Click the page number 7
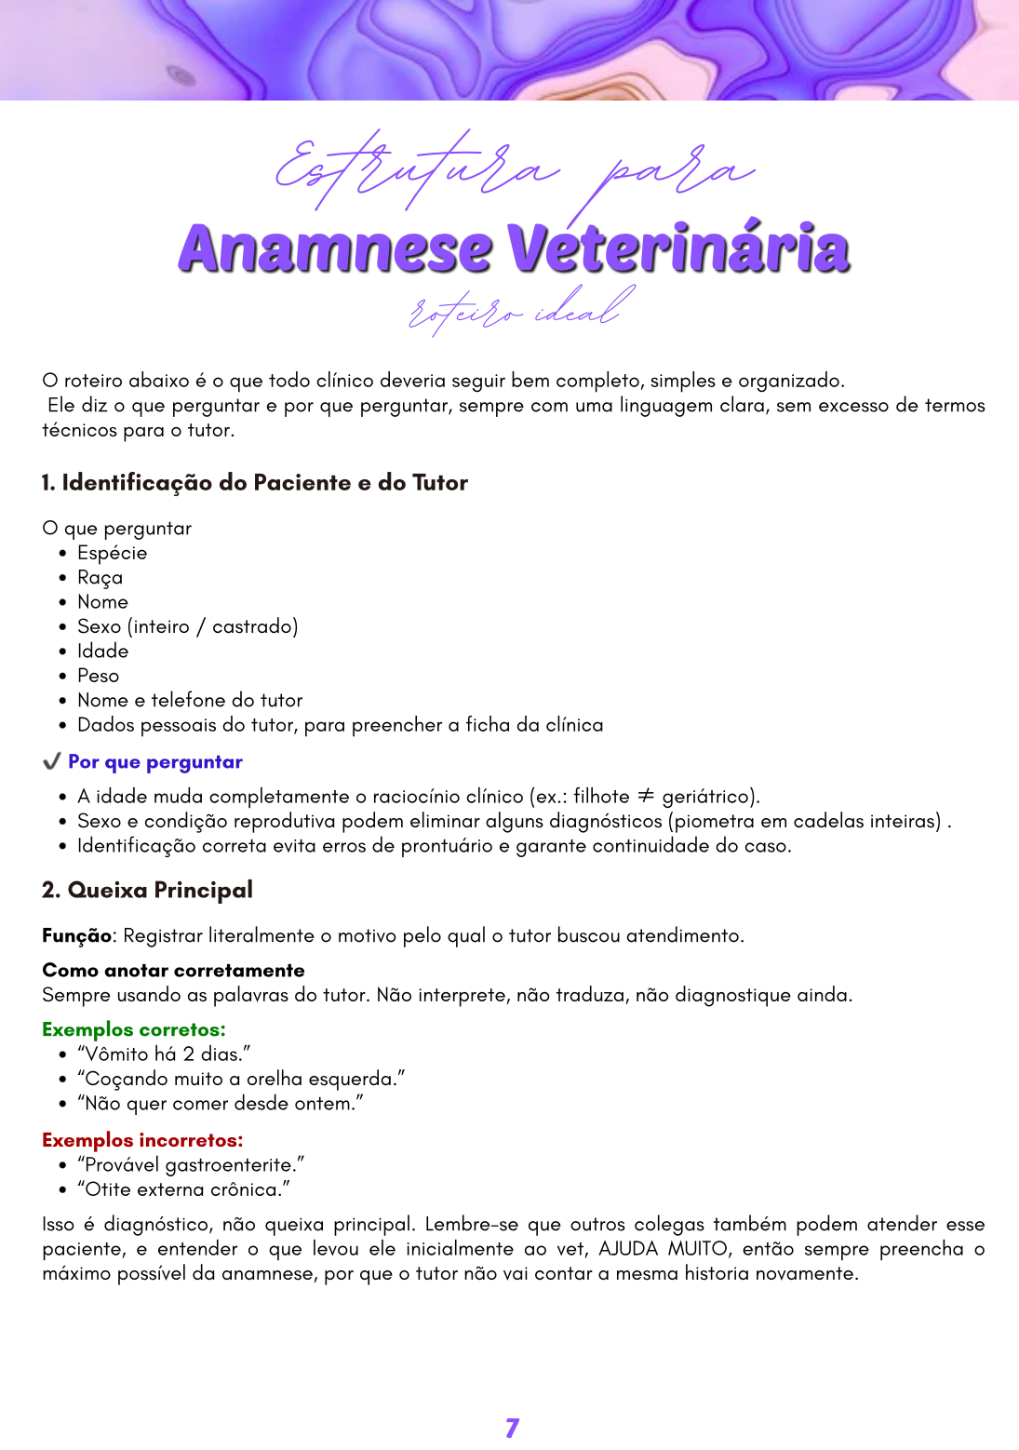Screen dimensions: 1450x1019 (512, 1428)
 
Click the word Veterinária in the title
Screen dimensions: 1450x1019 (678, 249)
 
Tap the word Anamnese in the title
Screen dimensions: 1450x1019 (334, 249)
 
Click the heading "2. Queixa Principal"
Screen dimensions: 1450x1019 (147, 891)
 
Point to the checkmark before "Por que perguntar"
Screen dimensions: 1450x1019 (52, 762)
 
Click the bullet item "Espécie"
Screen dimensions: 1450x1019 (112, 553)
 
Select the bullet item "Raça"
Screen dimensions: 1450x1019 (100, 578)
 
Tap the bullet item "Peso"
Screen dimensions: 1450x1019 (98, 676)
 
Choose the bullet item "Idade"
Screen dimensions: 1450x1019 (102, 651)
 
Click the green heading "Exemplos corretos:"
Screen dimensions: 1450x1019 (134, 1029)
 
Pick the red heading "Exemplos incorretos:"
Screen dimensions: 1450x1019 (142, 1140)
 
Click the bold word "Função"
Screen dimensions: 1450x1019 (76, 935)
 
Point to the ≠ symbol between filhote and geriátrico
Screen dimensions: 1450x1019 (645, 796)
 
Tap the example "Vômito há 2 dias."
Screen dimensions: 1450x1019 (164, 1054)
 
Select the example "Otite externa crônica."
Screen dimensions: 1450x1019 (183, 1189)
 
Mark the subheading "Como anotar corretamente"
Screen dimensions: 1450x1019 (173, 970)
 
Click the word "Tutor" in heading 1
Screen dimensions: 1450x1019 (440, 483)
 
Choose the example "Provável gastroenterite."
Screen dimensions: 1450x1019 (191, 1165)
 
